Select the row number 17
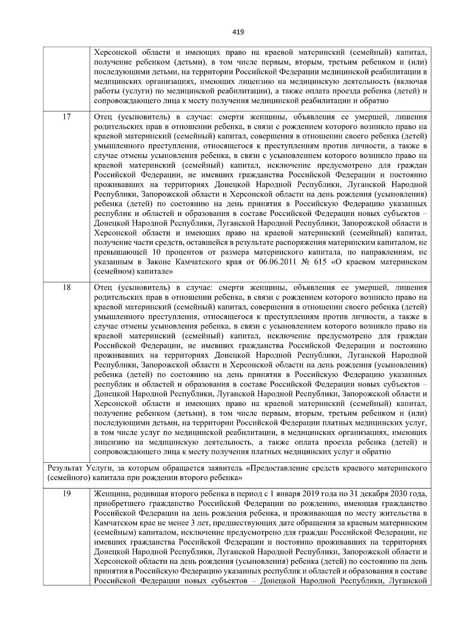point(66,117)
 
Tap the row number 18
point(66,288)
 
